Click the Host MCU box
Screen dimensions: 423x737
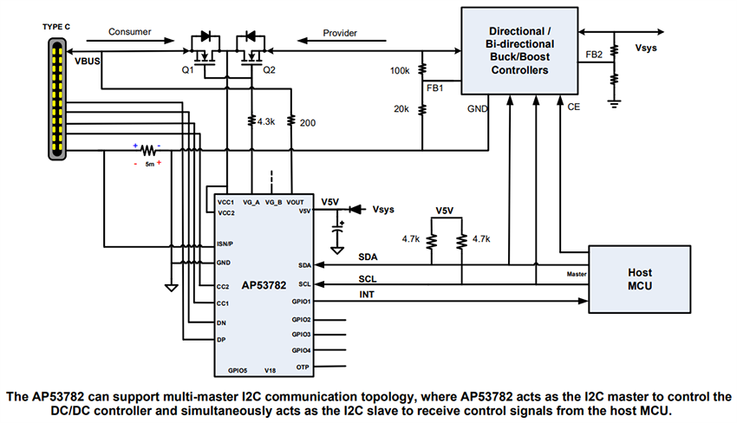pyautogui.click(x=639, y=279)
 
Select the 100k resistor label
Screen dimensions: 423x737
pyautogui.click(x=401, y=68)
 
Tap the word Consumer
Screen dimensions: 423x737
pyautogui.click(x=130, y=32)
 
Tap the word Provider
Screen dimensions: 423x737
pyautogui.click(x=340, y=33)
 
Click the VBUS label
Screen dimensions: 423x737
pyautogui.click(x=88, y=63)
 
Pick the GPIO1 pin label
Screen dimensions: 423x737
pyautogui.click(x=302, y=302)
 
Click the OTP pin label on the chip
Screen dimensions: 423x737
pyautogui.click(x=304, y=367)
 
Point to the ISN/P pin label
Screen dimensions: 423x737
pyautogui.click(x=225, y=244)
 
